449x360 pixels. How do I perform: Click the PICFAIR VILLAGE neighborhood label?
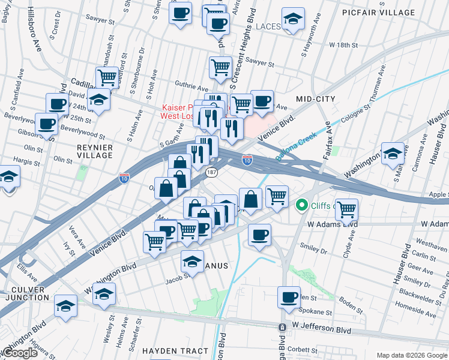point(395,13)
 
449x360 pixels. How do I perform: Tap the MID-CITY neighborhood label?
point(315,98)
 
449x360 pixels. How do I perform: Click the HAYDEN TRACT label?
point(175,351)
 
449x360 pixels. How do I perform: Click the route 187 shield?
point(211,172)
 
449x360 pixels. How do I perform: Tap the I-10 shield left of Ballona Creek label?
point(247,159)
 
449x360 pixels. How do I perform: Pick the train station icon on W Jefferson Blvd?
point(281,327)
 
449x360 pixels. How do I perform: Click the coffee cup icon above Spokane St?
point(289,297)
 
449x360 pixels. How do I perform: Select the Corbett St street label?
point(302,349)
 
